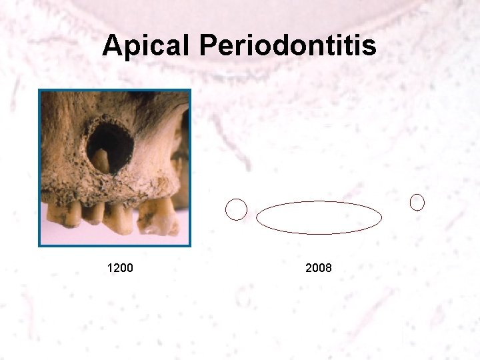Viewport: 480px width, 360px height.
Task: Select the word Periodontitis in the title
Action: click(x=287, y=47)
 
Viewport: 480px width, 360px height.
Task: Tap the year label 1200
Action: click(x=120, y=268)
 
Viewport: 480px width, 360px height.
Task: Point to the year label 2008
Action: click(x=319, y=268)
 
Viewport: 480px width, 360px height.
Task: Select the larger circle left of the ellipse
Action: click(x=236, y=209)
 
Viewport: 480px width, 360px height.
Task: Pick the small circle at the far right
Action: click(x=417, y=202)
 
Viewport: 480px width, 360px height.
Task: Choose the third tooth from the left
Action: click(x=120, y=217)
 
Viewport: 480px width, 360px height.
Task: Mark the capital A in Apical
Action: click(x=112, y=47)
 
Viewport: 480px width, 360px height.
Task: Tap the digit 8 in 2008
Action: click(x=328, y=268)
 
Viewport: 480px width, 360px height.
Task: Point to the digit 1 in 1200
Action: click(x=110, y=268)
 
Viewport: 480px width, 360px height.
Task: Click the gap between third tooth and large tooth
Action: click(x=135, y=217)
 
